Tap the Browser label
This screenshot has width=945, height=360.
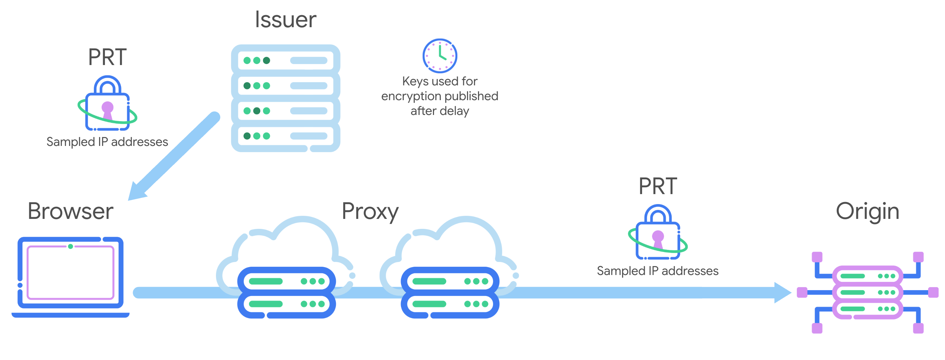click(70, 211)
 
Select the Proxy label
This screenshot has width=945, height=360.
click(370, 211)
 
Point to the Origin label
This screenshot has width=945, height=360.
click(867, 211)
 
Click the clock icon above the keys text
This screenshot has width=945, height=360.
click(439, 56)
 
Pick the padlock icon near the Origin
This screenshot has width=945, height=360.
click(658, 233)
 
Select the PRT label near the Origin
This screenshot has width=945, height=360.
click(658, 186)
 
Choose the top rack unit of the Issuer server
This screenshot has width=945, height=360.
click(285, 61)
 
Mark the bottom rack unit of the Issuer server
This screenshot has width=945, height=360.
click(285, 136)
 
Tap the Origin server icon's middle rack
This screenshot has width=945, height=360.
click(867, 293)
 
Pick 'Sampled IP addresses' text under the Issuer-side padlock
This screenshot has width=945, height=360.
click(107, 142)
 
